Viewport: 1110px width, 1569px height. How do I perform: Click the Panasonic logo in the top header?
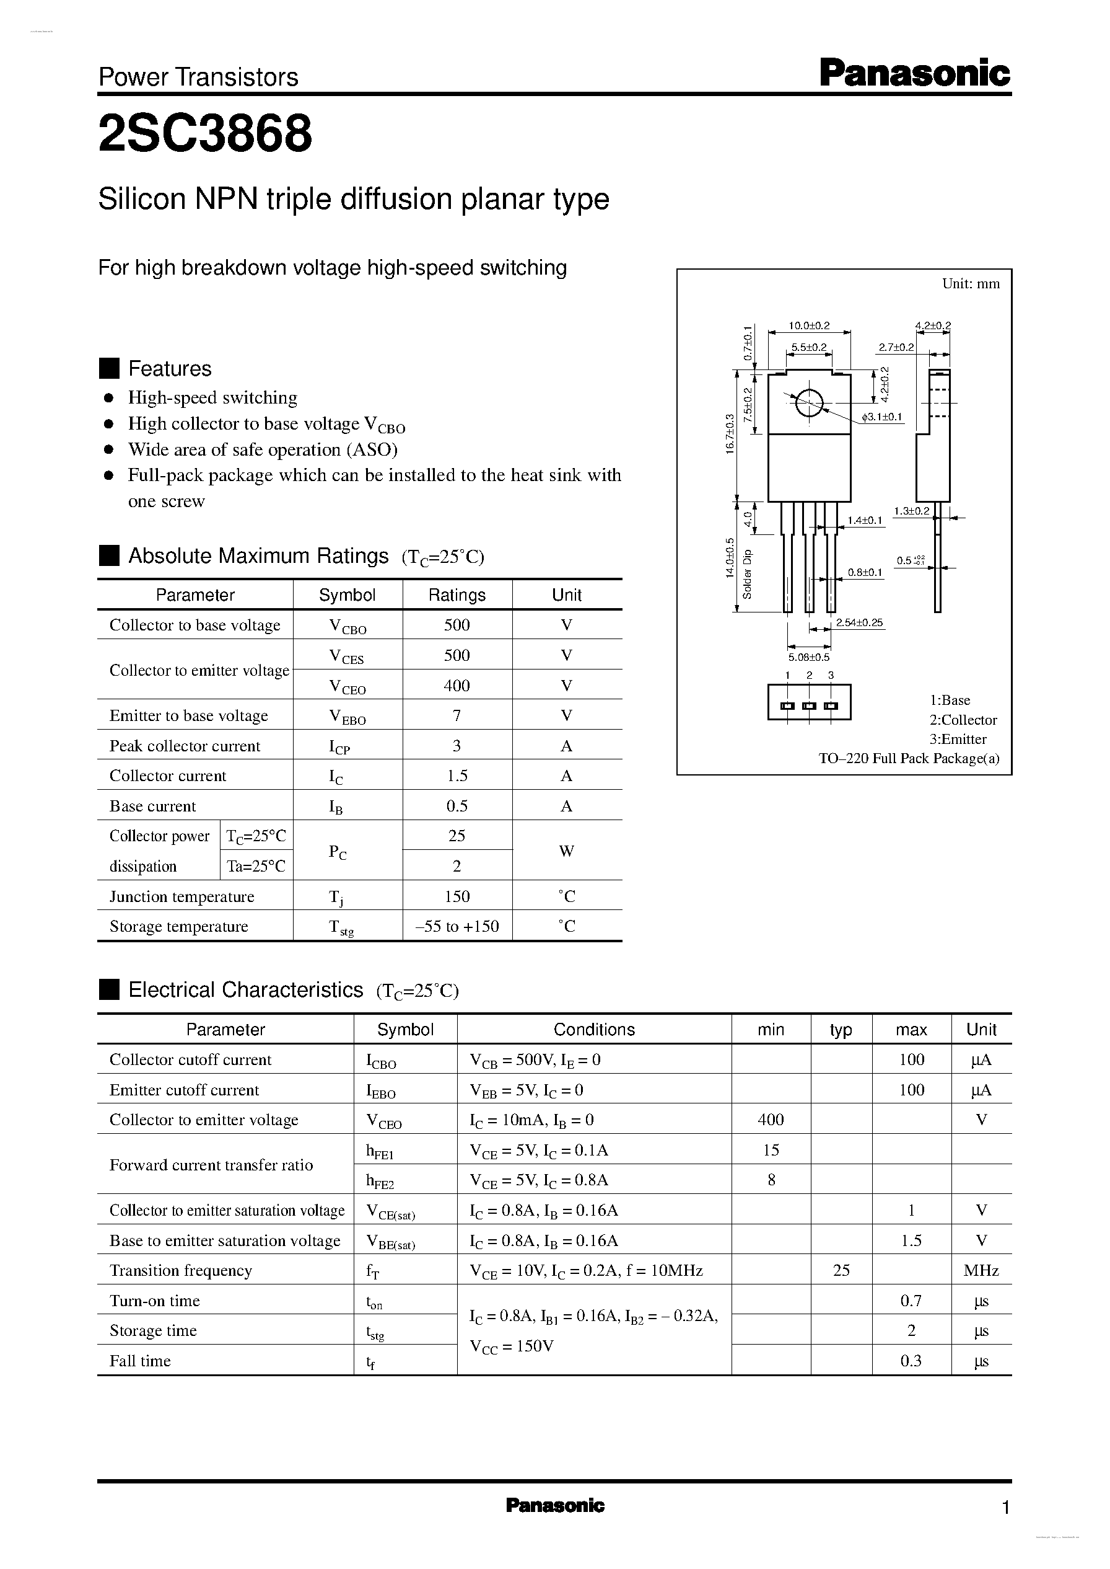tap(914, 73)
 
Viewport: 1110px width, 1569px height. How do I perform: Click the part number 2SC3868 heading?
tap(205, 133)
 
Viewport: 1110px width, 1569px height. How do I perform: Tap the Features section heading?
tap(170, 369)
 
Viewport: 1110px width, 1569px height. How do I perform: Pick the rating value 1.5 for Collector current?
tap(457, 776)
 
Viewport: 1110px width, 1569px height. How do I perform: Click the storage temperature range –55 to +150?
tap(457, 926)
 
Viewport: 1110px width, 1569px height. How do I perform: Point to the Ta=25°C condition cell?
tap(256, 866)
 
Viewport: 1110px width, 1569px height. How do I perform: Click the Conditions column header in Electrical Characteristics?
tap(594, 1029)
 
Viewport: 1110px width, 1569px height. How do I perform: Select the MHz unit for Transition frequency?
tap(981, 1270)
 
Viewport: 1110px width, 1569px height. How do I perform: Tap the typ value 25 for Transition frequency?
tap(841, 1270)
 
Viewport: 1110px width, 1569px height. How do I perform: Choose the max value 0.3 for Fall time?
tap(911, 1360)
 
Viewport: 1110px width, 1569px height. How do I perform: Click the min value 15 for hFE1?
tap(771, 1150)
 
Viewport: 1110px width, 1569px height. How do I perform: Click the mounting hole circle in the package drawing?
tap(808, 403)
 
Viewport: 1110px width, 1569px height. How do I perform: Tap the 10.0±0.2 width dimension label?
tap(809, 326)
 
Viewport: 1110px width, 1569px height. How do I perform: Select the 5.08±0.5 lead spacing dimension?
tap(808, 657)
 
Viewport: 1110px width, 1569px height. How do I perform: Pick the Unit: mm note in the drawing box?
tap(971, 284)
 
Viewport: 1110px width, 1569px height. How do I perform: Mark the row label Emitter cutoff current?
tap(185, 1090)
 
